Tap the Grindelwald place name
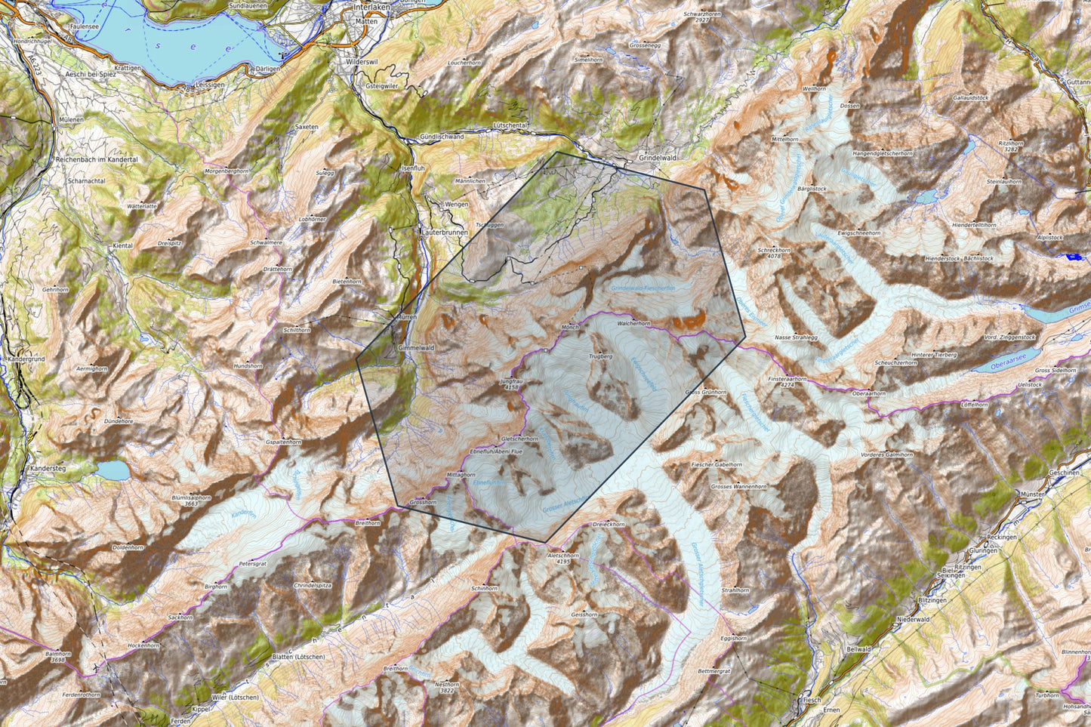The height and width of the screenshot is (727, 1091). tap(657, 158)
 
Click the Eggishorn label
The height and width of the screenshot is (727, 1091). tap(733, 638)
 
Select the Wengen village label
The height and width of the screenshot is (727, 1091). tap(456, 205)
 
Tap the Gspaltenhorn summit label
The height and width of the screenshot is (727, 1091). tap(283, 441)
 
